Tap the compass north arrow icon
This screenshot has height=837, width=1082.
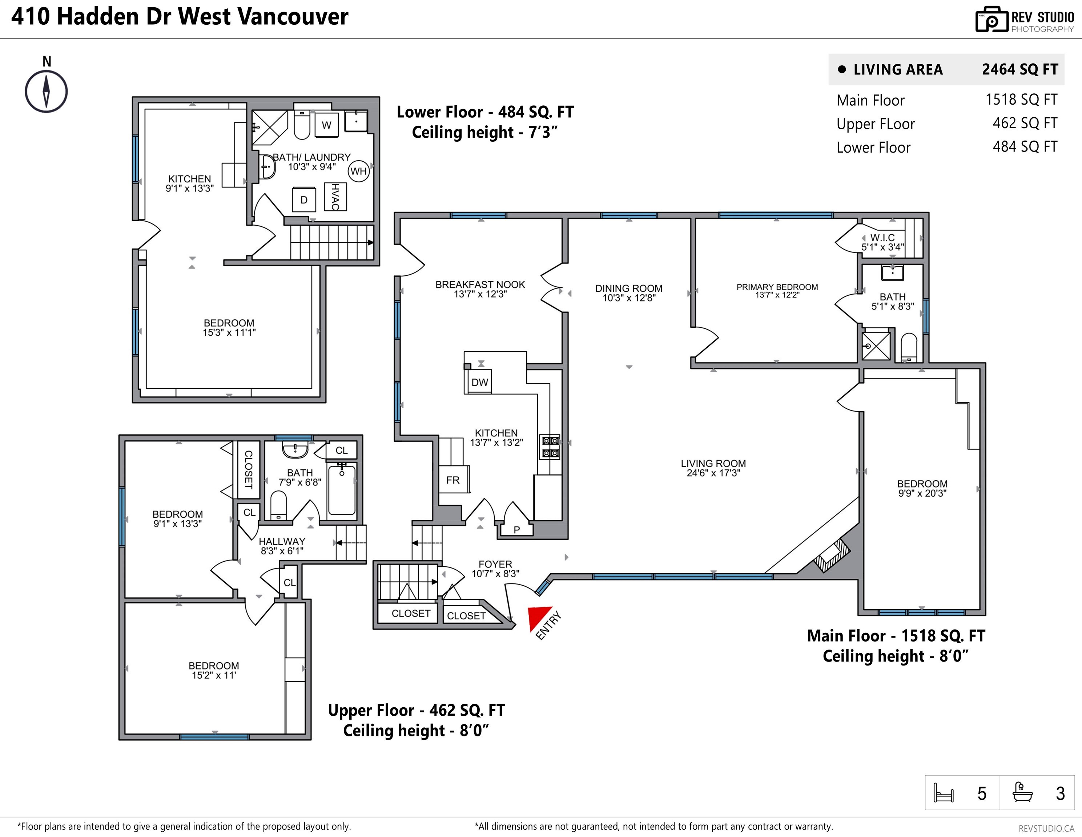pos(46,91)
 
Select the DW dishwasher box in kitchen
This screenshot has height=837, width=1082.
pos(479,382)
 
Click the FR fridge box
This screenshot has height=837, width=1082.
pos(453,480)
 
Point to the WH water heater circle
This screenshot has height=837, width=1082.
pos(358,171)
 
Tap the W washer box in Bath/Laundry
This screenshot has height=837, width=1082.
pos(326,125)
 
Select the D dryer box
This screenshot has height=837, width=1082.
pos(304,199)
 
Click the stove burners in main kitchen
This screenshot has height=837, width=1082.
pos(550,447)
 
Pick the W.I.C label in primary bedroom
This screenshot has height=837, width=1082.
pos(882,238)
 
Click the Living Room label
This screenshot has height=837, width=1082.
pos(713,464)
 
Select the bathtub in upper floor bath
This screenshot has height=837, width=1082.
pos(342,489)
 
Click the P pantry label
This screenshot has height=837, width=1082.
pos(516,529)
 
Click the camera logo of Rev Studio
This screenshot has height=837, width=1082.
pos(992,20)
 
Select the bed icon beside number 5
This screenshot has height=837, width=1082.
pos(943,793)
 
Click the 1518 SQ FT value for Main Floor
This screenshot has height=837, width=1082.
pos(1021,100)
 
